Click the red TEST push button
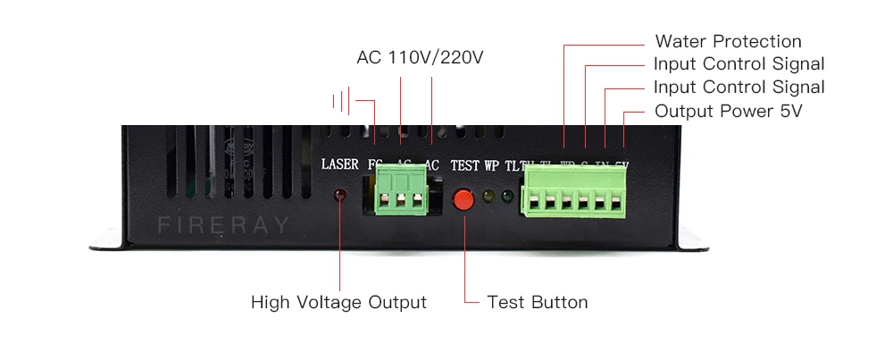point(463,199)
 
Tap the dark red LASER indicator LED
point(340,196)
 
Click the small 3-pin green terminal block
point(398,193)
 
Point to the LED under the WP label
point(488,196)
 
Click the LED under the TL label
point(506,196)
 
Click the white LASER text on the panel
point(339,165)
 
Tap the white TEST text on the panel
point(464,165)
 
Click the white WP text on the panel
point(492,165)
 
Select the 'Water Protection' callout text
point(728,42)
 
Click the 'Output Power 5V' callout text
point(728,112)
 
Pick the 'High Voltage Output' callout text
point(338,302)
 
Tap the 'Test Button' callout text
point(538,302)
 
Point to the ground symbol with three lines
point(340,100)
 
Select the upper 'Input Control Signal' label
point(739,64)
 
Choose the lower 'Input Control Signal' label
point(739,88)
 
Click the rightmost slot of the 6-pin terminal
point(615,203)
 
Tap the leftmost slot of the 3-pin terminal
point(380,201)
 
